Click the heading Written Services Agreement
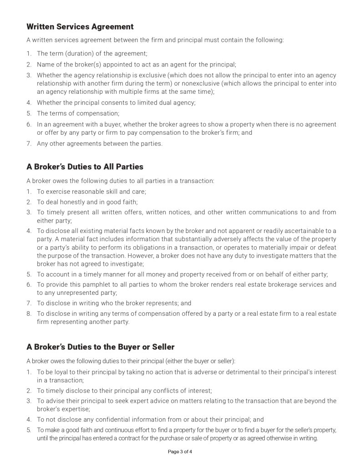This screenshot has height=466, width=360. coord(80,27)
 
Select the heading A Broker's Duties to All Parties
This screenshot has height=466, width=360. coord(85,167)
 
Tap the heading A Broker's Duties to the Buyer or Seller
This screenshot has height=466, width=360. coord(101,347)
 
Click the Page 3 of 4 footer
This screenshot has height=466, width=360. coord(180,452)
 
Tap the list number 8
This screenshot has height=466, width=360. coord(28,314)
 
